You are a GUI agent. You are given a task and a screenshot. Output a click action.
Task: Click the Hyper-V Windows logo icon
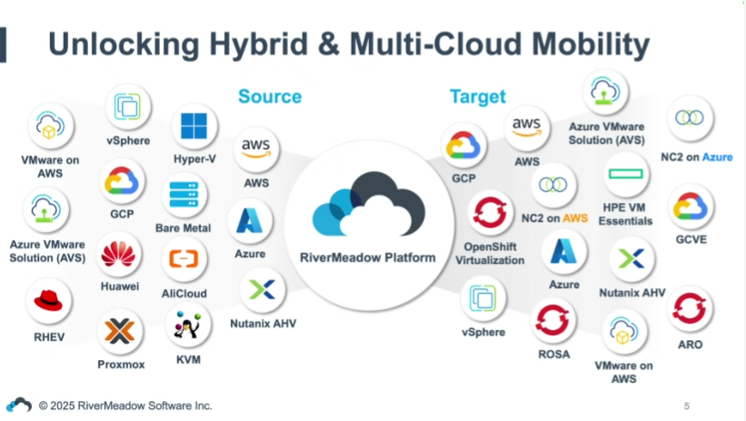(194, 126)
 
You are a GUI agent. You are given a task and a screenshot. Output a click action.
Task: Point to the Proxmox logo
(121, 331)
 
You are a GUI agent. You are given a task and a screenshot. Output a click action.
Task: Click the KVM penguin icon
(188, 326)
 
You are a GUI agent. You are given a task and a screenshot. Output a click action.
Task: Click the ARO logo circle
(690, 309)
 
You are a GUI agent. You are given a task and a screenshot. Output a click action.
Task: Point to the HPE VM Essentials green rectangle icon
(625, 174)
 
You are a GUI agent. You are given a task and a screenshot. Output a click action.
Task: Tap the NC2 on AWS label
(554, 219)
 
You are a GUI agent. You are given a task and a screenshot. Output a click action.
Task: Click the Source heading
(270, 96)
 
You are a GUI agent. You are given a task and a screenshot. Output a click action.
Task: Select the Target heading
(477, 96)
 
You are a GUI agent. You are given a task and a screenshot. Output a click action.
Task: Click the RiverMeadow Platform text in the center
(368, 257)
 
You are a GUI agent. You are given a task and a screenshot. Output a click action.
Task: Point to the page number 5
(687, 405)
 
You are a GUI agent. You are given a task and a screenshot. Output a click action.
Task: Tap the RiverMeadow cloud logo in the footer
(19, 405)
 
